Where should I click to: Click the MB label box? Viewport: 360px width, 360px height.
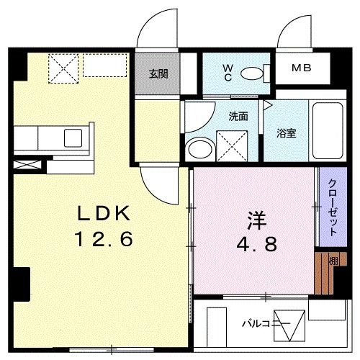click(x=302, y=68)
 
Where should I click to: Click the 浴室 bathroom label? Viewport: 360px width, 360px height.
click(x=288, y=132)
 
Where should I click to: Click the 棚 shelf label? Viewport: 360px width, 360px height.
click(x=333, y=261)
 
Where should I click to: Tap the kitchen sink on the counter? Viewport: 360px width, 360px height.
click(x=74, y=137)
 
